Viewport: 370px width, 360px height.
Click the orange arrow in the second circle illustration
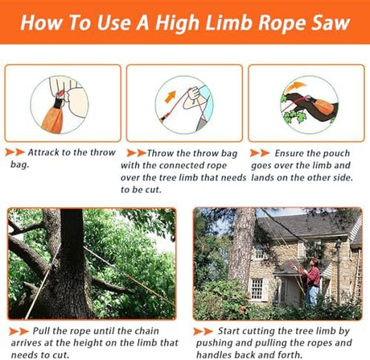click(x=171, y=97)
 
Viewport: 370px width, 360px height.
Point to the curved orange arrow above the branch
click(x=294, y=88)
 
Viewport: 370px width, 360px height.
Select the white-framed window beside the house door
click(x=257, y=289)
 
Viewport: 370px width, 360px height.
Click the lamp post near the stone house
click(x=339, y=271)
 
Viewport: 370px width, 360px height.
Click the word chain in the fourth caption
click(x=146, y=331)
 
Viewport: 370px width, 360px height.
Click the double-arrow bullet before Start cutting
click(x=203, y=332)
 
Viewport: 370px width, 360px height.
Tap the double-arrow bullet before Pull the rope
click(x=18, y=331)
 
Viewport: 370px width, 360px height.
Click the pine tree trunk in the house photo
click(x=242, y=243)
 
